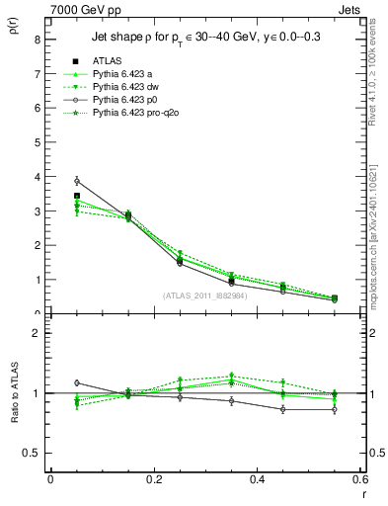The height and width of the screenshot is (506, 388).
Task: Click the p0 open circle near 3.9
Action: pyautogui.click(x=77, y=181)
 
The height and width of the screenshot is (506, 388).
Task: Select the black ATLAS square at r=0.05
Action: pyautogui.click(x=77, y=196)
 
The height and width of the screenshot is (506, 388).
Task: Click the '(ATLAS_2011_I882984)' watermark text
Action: pyautogui.click(x=205, y=295)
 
